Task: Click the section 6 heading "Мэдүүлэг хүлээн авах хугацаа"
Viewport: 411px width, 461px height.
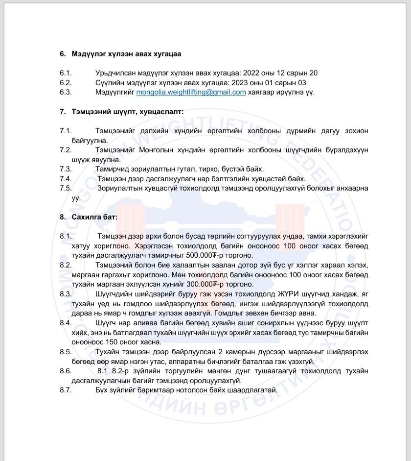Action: click(x=126, y=54)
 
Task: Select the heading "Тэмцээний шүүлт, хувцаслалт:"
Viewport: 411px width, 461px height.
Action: click(x=127, y=112)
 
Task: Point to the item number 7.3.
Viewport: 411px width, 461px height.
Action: click(x=66, y=169)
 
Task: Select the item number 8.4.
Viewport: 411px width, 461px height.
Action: click(x=66, y=323)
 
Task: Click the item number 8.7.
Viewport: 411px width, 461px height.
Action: click(x=66, y=390)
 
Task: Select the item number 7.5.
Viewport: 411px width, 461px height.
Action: click(x=66, y=188)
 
